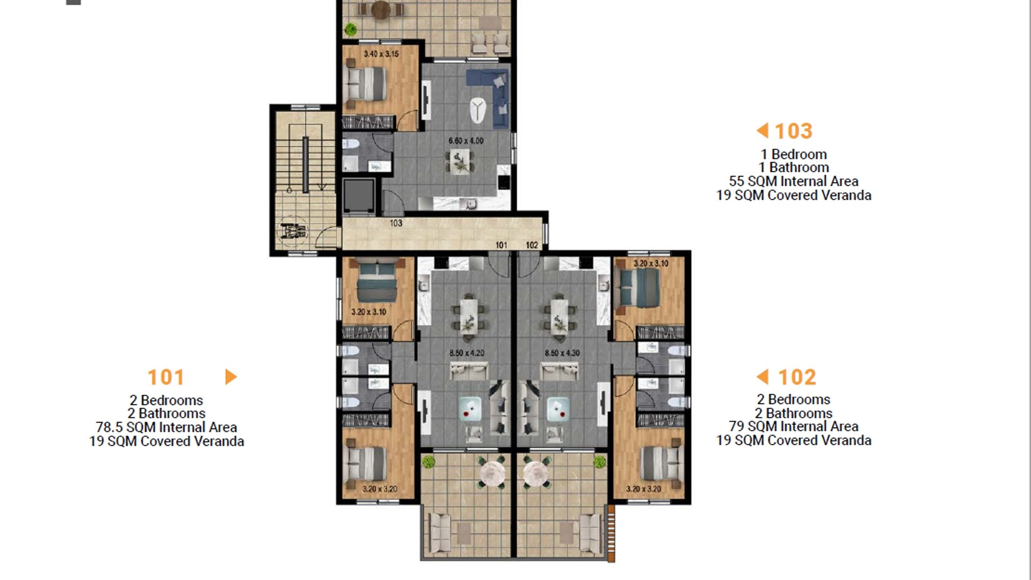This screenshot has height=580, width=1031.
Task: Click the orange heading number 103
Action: click(x=794, y=131)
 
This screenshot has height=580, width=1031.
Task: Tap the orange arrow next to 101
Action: click(x=231, y=377)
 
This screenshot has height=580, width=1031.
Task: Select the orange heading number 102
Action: click(x=797, y=377)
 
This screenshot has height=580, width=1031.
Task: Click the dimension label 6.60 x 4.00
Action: click(x=466, y=141)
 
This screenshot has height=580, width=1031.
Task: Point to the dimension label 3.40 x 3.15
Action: click(x=381, y=54)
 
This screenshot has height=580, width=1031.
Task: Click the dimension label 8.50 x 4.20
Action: click(x=467, y=353)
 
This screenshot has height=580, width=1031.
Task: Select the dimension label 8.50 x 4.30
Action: click(x=562, y=353)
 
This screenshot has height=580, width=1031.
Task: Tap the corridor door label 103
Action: click(x=396, y=223)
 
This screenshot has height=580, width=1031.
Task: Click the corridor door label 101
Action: click(x=501, y=245)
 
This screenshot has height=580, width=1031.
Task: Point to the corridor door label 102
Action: click(x=532, y=245)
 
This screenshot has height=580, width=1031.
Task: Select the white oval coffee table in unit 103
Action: click(x=477, y=110)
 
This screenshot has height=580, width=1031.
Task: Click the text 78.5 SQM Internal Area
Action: click(x=166, y=427)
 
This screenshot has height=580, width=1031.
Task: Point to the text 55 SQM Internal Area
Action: click(x=794, y=182)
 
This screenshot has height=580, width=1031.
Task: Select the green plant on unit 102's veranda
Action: click(x=599, y=461)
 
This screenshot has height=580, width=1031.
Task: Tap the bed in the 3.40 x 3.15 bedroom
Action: click(x=366, y=84)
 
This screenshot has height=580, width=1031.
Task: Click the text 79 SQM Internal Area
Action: click(x=794, y=426)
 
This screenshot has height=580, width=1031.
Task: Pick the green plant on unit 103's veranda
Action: click(x=351, y=28)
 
